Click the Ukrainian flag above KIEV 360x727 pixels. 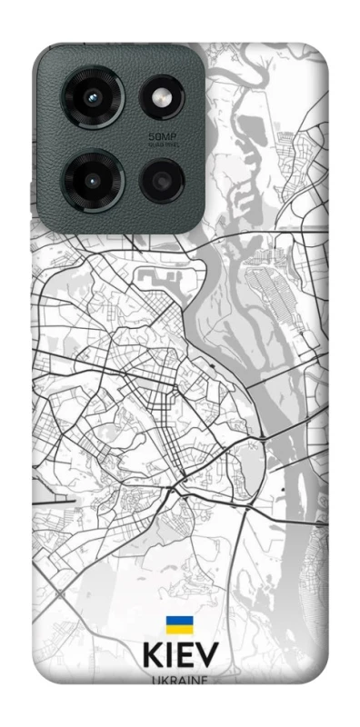(x=179, y=624)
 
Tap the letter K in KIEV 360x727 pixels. (x=151, y=659)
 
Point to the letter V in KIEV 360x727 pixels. (x=207, y=659)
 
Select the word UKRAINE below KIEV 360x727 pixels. (x=179, y=680)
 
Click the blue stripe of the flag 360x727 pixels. (x=179, y=621)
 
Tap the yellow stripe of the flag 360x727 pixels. (x=179, y=629)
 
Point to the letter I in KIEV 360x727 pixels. (x=168, y=659)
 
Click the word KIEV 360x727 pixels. (x=179, y=659)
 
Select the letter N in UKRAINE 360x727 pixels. (x=197, y=680)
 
